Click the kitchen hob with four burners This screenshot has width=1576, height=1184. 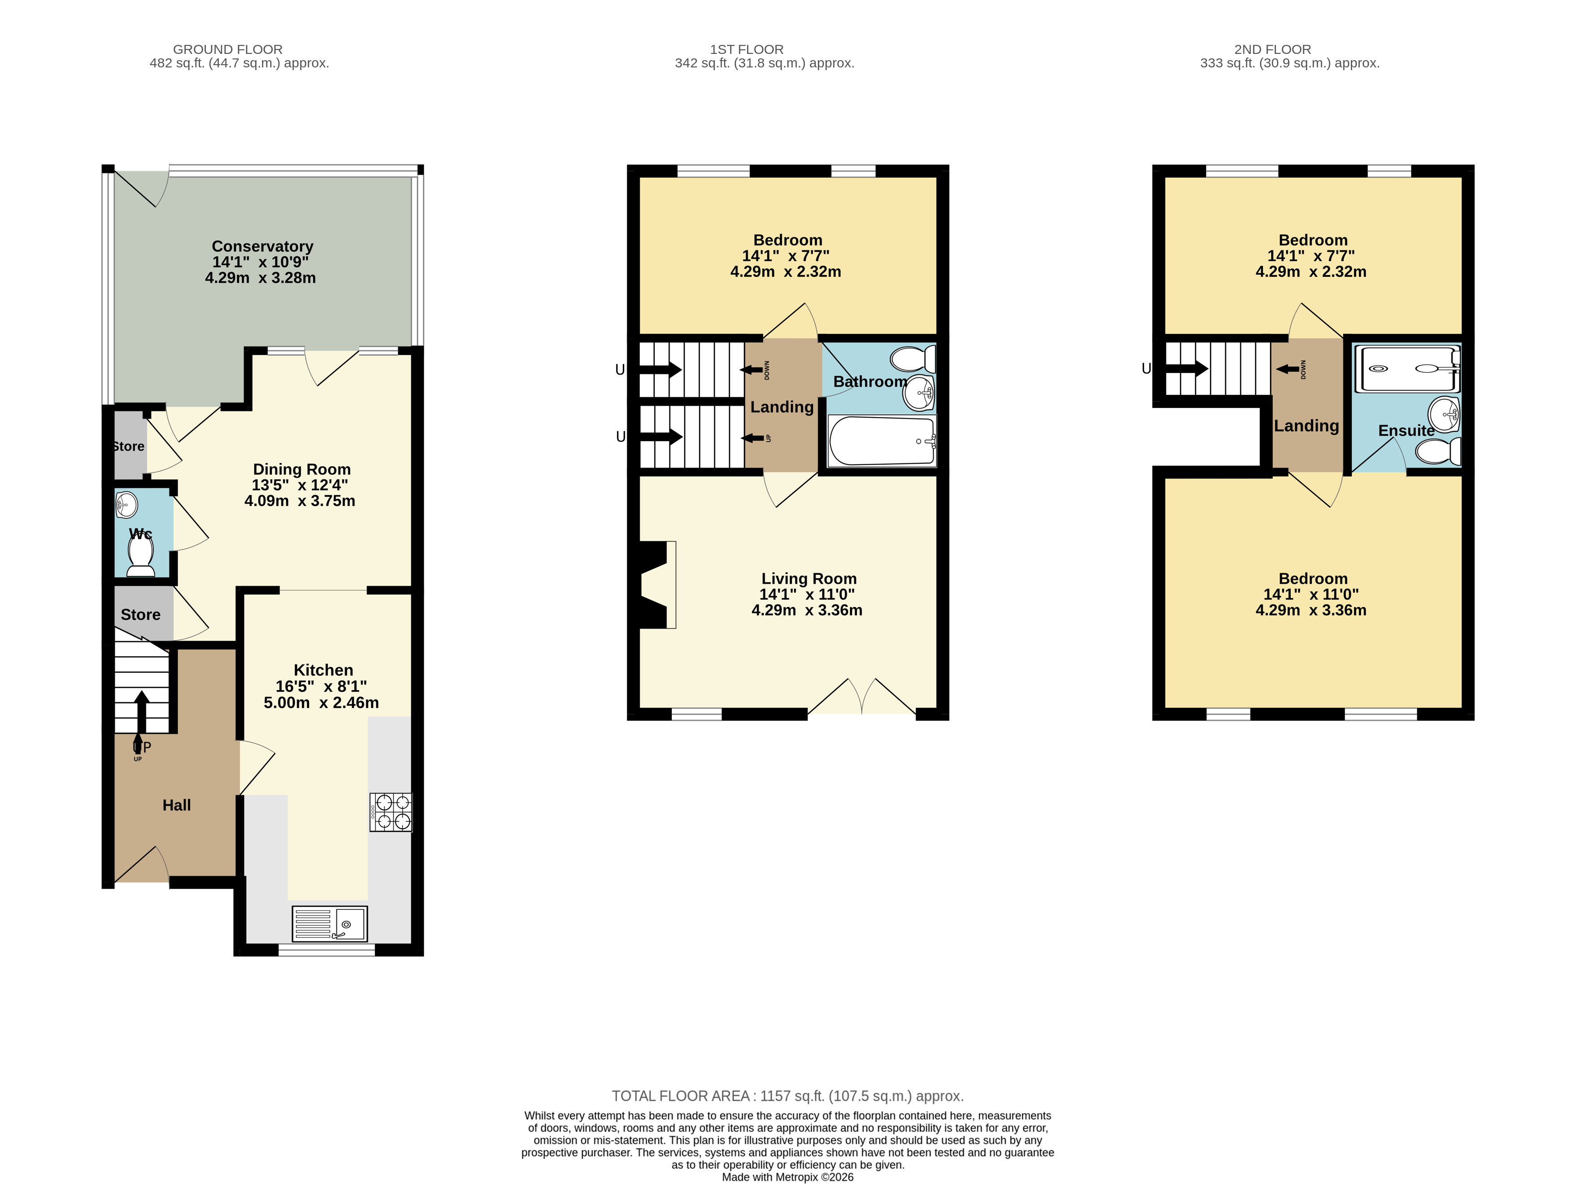tap(391, 812)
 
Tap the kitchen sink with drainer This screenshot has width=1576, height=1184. tap(330, 924)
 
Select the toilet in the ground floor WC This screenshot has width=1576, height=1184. tap(140, 556)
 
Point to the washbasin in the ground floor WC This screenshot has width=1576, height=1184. tap(126, 505)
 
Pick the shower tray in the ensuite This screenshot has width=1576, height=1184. tap(1407, 369)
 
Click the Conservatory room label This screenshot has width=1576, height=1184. tap(262, 247)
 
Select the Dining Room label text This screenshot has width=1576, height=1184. tap(302, 470)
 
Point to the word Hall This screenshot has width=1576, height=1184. tap(177, 805)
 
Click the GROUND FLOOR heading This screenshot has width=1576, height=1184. tap(228, 49)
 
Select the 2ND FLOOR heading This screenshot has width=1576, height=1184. tap(1273, 49)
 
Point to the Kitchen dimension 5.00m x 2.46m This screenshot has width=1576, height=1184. tap(321, 702)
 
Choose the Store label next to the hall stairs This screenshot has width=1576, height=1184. tap(140, 615)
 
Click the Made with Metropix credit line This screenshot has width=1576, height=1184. tap(787, 1177)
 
